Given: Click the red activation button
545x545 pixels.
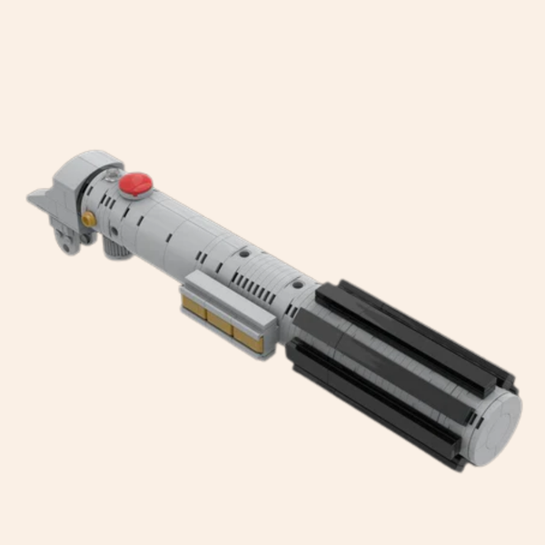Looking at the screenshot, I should [136, 183].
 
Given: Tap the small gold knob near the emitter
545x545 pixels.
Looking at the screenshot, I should [89, 219].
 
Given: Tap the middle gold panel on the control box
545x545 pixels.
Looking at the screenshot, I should [221, 322].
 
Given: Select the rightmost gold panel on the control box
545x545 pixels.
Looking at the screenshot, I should [248, 339].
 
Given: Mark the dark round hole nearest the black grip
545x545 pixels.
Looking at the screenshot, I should [297, 284].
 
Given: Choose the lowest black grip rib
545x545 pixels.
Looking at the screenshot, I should [372, 409].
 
